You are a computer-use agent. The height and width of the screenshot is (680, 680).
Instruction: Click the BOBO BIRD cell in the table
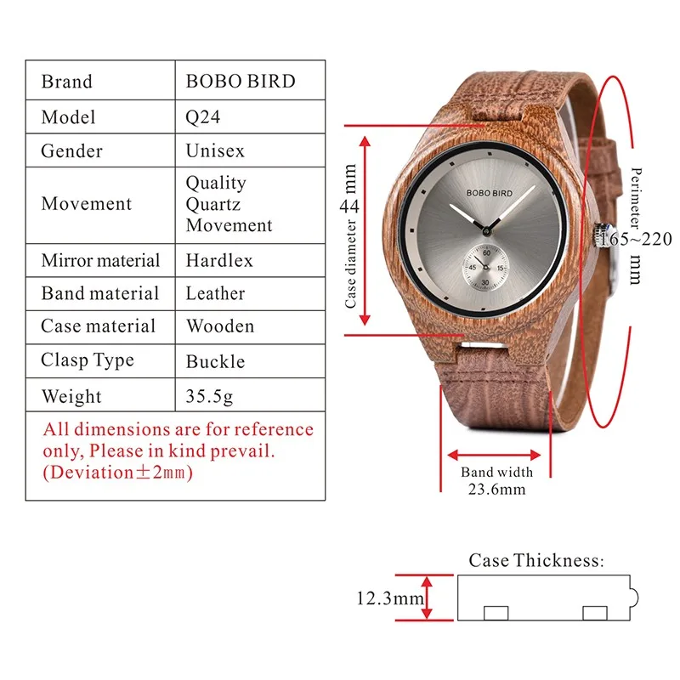[x=241, y=82]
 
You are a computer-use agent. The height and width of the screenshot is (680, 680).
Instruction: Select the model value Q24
[x=203, y=117]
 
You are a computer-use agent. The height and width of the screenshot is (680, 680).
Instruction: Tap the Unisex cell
[x=215, y=151]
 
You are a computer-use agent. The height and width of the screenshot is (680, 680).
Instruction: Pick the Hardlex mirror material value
[x=219, y=261]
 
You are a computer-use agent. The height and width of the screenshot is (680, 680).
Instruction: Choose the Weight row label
[x=71, y=396]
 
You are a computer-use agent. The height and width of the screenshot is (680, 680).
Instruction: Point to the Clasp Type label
[x=88, y=360]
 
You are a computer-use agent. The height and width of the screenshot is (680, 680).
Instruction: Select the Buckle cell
[x=215, y=361]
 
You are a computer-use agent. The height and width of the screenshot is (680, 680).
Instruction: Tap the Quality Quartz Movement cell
[x=229, y=204]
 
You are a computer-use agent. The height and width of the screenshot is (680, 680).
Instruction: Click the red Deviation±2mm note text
[x=118, y=473]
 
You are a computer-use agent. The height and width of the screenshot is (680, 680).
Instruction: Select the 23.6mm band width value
[x=497, y=489]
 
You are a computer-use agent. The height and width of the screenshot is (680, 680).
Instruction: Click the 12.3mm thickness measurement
[x=390, y=598]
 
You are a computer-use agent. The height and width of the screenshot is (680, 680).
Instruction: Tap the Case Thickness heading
[x=535, y=560]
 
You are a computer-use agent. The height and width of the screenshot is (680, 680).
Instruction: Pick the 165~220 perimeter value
[x=635, y=239]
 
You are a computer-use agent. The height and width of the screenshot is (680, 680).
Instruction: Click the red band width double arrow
[x=497, y=455]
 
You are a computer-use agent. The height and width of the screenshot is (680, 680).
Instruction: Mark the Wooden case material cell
[x=219, y=326]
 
